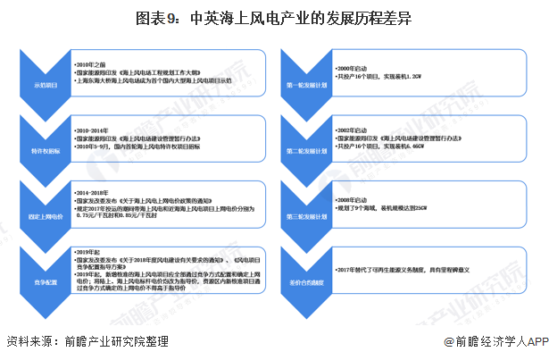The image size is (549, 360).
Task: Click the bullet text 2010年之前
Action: point(96,65)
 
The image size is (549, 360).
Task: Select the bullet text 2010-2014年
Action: point(97,129)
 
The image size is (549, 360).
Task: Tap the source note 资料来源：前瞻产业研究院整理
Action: point(87,341)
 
